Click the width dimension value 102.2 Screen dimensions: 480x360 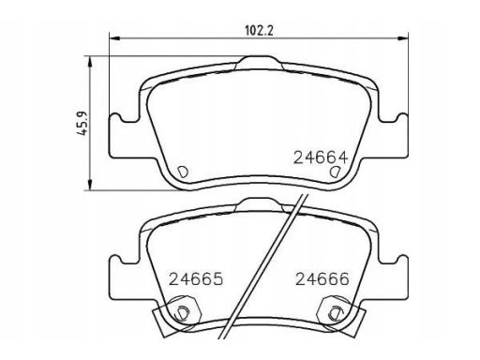coord(259,31)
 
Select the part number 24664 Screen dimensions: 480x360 coord(321,157)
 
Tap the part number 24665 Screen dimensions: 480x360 coord(196,279)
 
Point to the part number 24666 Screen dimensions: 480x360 coord(322,279)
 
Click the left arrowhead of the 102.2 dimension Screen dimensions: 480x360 coord(114,38)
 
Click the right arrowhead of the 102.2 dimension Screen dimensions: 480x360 coord(403,38)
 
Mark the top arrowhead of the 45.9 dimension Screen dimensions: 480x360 coord(90,62)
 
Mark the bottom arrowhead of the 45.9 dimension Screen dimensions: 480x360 coord(90,185)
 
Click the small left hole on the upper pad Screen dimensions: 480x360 coord(182,172)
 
